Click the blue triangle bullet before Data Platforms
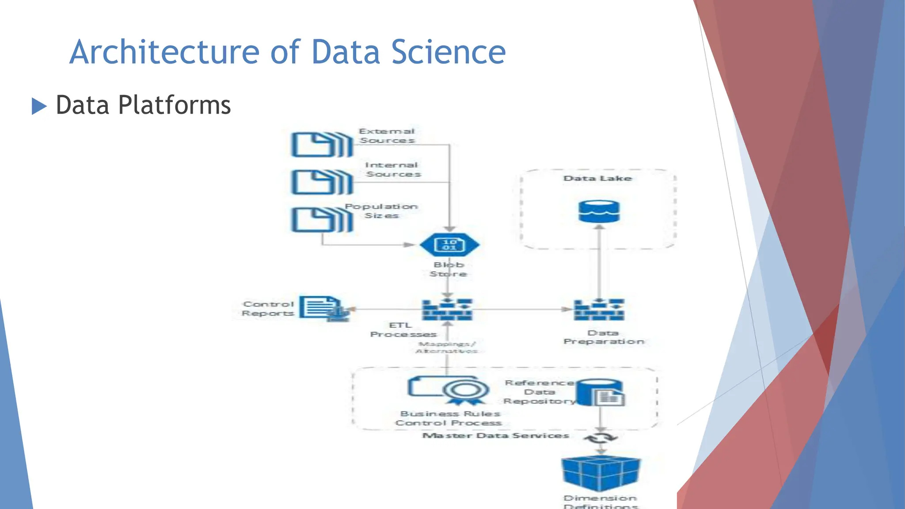(x=39, y=106)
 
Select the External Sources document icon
(x=322, y=144)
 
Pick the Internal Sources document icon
(x=322, y=182)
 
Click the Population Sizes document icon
(x=322, y=220)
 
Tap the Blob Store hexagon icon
(x=449, y=245)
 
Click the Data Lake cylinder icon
(x=599, y=212)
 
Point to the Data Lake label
(x=597, y=179)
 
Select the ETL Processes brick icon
(x=447, y=309)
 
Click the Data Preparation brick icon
(x=599, y=309)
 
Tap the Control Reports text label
(x=268, y=308)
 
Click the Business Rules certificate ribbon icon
(x=464, y=391)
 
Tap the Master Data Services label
(x=495, y=436)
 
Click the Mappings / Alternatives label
(x=447, y=347)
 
